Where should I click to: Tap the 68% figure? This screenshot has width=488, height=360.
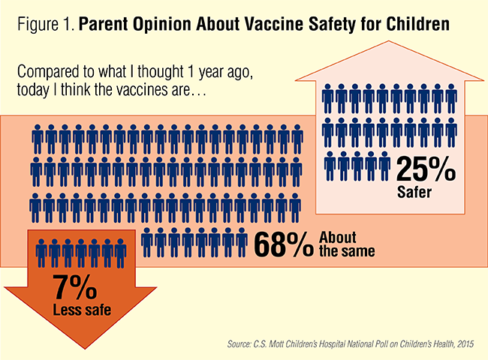285,243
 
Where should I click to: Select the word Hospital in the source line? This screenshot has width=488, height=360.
337,344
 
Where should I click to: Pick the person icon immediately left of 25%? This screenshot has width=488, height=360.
384,162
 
